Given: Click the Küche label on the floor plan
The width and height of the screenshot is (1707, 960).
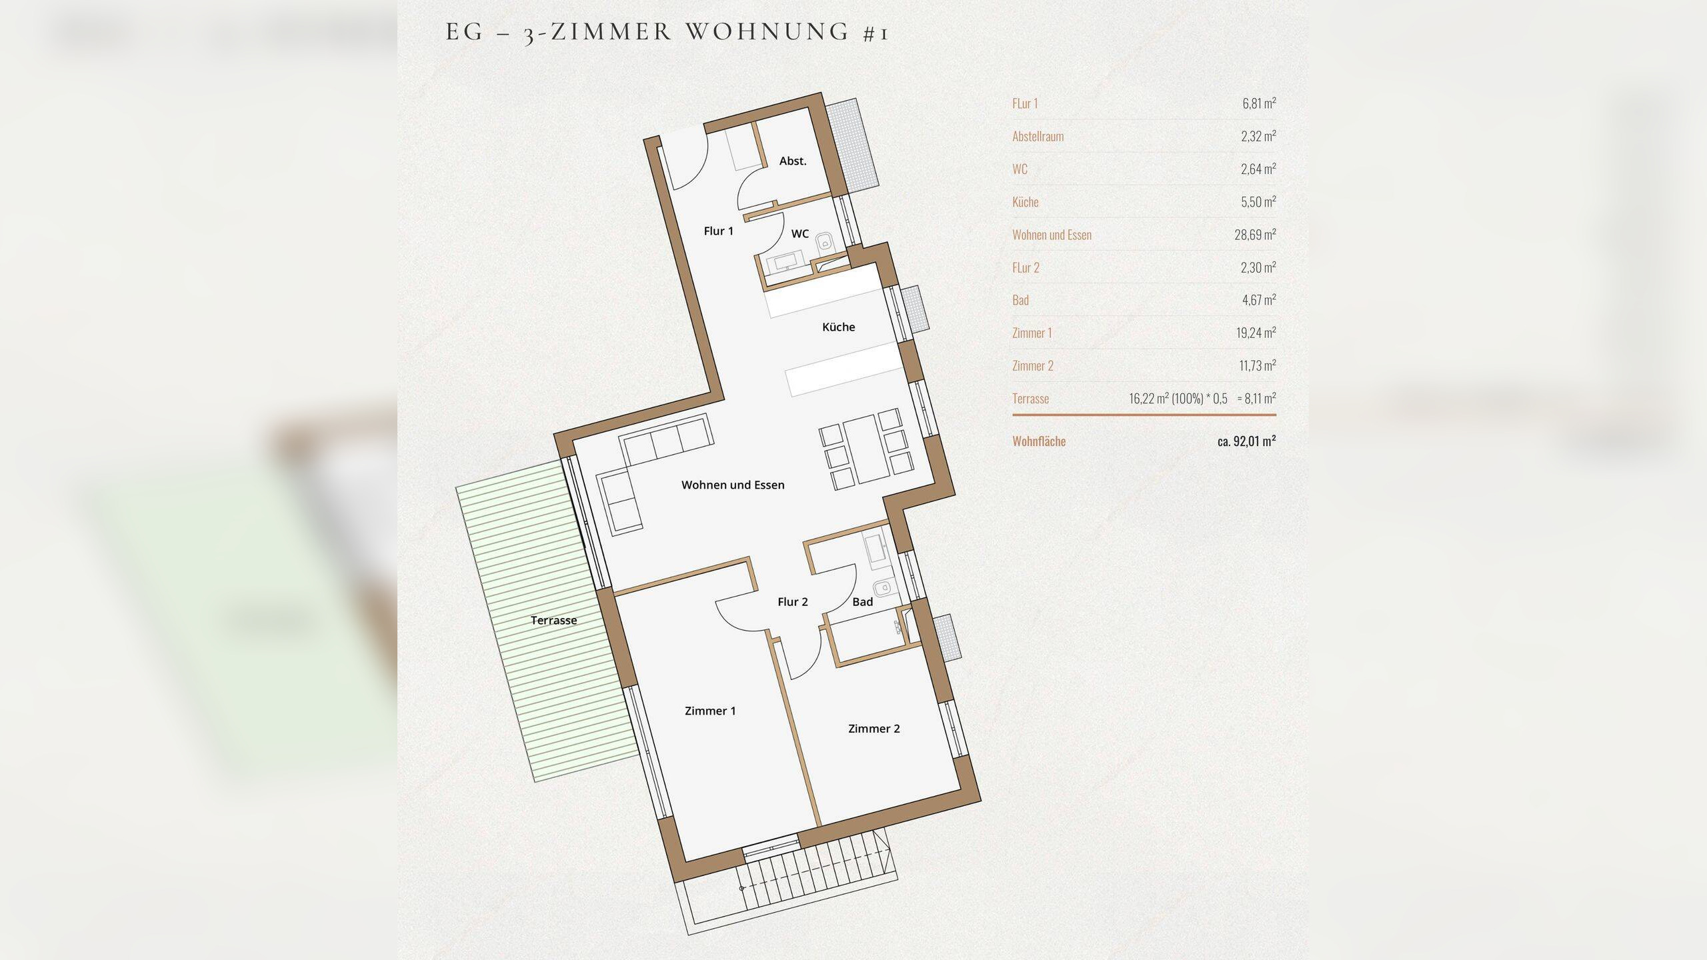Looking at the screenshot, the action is (838, 327).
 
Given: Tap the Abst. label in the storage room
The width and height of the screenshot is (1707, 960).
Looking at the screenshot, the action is (793, 161).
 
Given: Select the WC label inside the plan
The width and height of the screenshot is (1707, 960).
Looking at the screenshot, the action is (800, 233).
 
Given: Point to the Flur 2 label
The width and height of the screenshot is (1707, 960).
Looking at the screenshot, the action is (793, 602).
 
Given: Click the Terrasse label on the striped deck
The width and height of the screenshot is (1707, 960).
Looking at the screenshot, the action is (553, 621).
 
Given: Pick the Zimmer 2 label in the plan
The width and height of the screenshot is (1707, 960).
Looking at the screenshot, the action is (874, 729).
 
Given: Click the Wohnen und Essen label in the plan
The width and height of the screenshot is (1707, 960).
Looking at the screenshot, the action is (733, 485).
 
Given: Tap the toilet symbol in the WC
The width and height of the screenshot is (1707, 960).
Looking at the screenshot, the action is (826, 241).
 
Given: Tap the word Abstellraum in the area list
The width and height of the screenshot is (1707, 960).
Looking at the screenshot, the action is (1038, 136).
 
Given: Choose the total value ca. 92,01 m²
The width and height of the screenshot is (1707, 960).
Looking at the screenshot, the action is (1246, 441).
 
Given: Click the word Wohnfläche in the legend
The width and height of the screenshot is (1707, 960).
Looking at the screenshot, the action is (1039, 441).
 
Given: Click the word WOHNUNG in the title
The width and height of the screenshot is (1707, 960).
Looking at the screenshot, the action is (767, 32).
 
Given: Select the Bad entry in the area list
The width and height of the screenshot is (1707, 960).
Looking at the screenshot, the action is (1020, 300).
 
